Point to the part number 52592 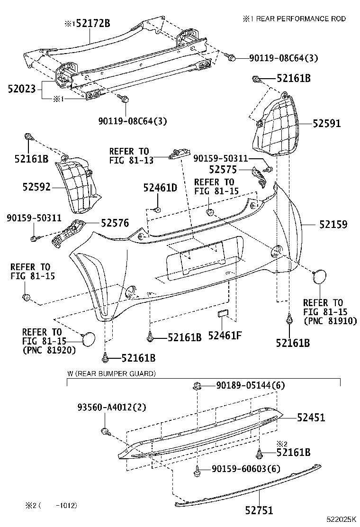36,186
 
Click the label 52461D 160,188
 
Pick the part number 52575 224,169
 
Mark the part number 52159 333,224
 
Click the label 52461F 225,336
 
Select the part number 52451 311,417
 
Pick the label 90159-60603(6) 246,469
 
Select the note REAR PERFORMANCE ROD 298,18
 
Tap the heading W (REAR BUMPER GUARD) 111,374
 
